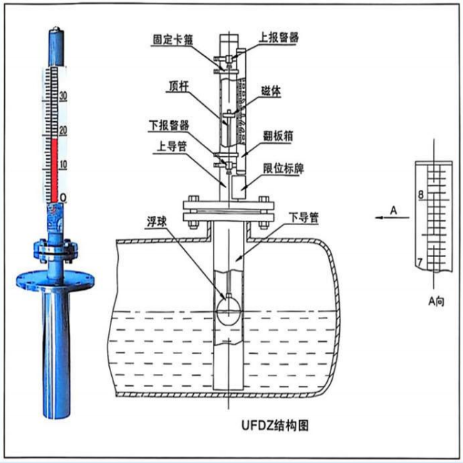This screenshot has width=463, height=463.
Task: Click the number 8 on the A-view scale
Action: click(422, 194)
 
